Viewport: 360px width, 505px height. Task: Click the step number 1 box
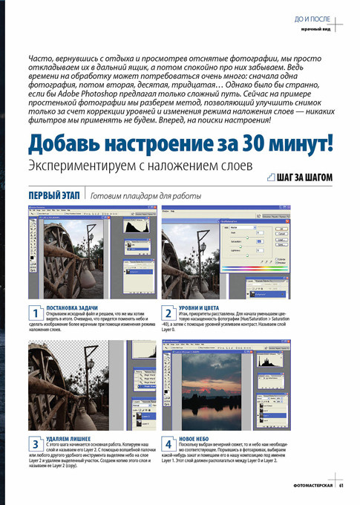tap(35, 312)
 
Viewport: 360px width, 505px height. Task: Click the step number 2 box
tap(168, 312)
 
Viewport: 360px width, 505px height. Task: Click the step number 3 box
tap(35, 443)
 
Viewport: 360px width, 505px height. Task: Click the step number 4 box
tap(168, 443)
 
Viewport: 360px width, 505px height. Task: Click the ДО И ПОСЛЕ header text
tap(313, 16)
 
